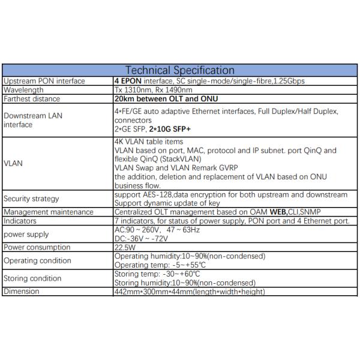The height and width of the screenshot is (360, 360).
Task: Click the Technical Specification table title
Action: coord(179,70)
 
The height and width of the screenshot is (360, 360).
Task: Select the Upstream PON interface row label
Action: coord(44,81)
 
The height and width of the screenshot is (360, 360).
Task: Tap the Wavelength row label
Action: coord(24,90)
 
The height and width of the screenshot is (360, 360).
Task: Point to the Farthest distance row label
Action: coord(32,99)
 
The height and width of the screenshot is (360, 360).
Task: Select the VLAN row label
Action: coord(14,162)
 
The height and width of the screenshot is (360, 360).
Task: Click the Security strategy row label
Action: coord(32,199)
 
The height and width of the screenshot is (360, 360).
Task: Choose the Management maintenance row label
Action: coord(49,212)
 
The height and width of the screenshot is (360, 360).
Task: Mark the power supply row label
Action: coord(26,234)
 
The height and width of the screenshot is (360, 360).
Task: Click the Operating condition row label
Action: coord(37,260)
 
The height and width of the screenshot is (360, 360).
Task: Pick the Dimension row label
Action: coord(22,292)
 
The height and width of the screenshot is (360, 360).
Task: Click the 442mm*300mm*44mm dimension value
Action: coord(189,292)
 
